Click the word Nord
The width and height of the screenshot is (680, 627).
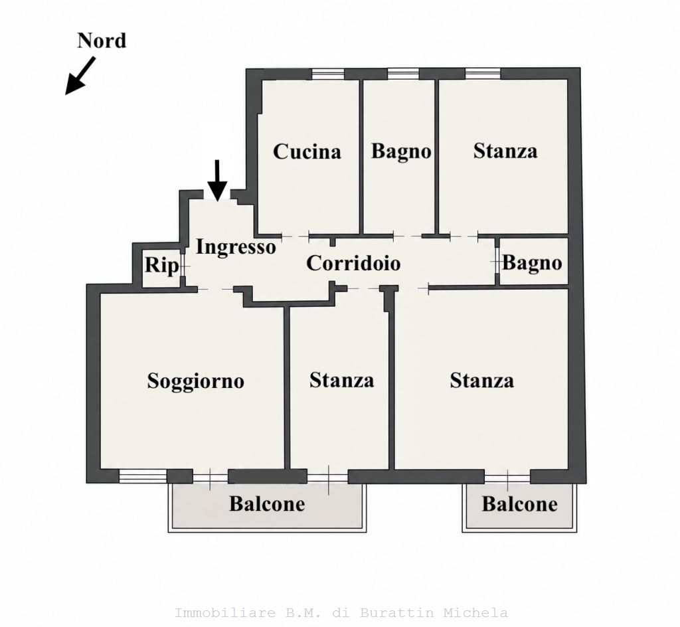point(102,41)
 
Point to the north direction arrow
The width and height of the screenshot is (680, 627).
point(80,76)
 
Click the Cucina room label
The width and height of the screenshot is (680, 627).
point(307,151)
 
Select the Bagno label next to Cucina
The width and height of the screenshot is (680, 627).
point(401,151)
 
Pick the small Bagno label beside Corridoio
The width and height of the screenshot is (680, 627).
point(532,263)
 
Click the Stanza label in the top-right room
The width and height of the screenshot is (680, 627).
point(505,151)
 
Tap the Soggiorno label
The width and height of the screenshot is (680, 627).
point(196,381)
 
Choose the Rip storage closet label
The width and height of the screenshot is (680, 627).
point(161,265)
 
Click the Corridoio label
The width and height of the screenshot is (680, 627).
point(353,263)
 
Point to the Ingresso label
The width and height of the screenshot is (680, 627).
point(236,247)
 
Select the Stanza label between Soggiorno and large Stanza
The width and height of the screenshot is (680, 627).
point(342,381)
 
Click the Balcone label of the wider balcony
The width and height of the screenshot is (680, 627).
point(267,504)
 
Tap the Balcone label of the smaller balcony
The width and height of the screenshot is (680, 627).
point(519,504)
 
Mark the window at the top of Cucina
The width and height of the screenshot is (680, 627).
point(328,74)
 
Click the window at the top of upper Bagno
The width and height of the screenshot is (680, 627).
point(403,74)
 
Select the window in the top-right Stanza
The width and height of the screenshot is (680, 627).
point(483,74)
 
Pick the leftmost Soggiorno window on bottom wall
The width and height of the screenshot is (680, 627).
point(143,476)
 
